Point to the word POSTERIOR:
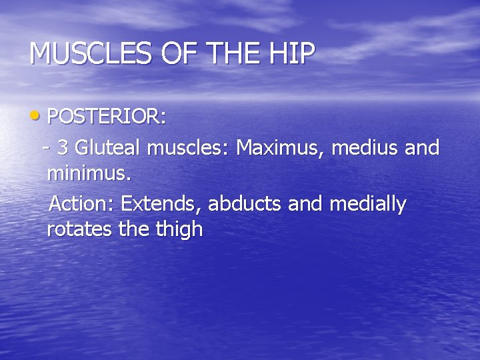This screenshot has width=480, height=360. tap(107, 117)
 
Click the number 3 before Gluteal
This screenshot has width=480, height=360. tap(64, 147)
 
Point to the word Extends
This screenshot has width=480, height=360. tap(161, 203)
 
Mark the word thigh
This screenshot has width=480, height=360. tap(178, 230)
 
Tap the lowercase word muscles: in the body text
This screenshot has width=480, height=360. tap(189, 147)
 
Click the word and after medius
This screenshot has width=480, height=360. tap(422, 147)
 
